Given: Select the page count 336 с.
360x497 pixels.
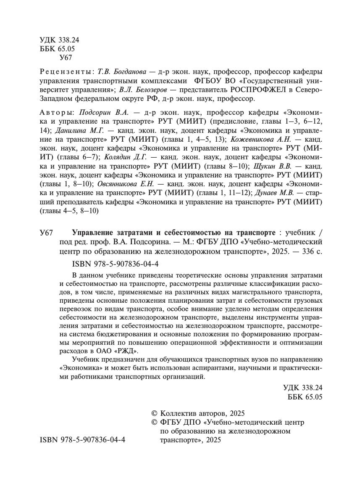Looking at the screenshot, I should [310, 252].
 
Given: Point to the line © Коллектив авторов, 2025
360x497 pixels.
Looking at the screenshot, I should [197, 413].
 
